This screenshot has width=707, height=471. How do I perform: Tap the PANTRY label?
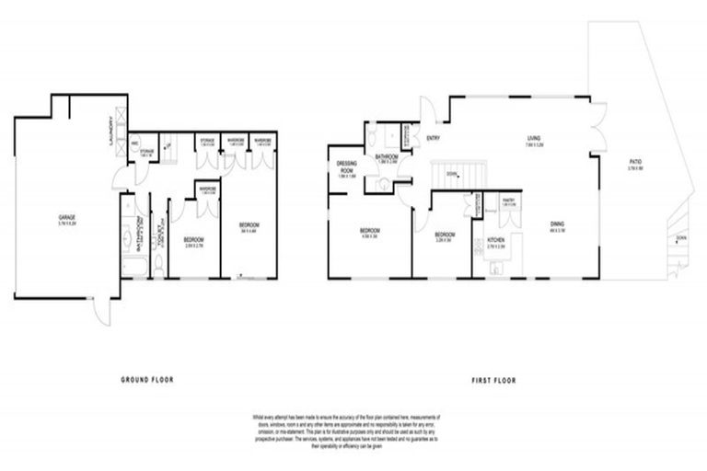(x=507, y=199)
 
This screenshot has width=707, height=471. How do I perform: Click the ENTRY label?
(x=434, y=138)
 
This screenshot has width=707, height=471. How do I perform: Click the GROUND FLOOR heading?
(x=148, y=379)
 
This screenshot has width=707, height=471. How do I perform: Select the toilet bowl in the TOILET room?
(x=158, y=265)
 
